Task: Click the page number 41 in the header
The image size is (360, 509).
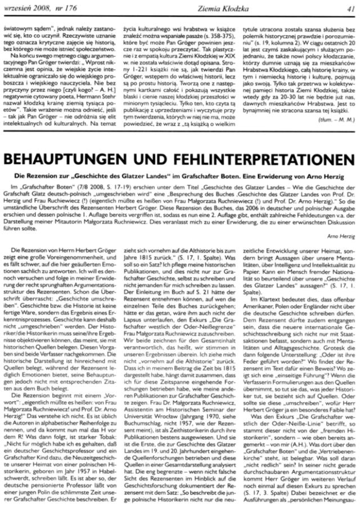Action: click(349, 7)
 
